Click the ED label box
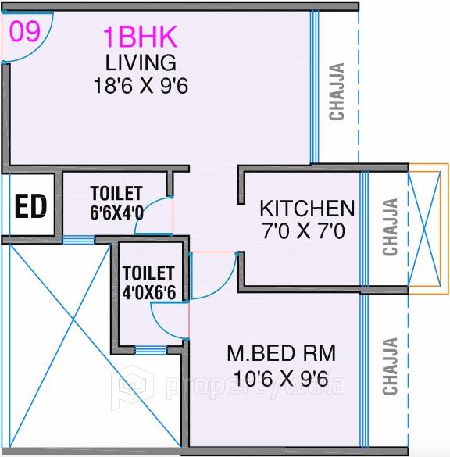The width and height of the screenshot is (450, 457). tap(31, 208)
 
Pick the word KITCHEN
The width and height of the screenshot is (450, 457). tap(307, 209)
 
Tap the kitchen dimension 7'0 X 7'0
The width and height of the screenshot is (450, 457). tap(307, 231)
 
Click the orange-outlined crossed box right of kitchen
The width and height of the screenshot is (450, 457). tap(428, 226)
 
